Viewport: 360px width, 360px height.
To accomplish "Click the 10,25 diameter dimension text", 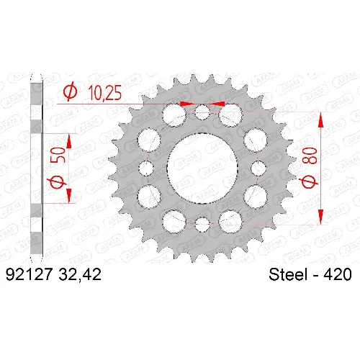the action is click(105, 93).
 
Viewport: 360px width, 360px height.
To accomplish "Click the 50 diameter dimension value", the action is click(58, 155).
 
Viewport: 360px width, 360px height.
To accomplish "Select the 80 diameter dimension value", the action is click(310, 156).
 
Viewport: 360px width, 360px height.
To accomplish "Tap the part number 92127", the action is click(29, 274).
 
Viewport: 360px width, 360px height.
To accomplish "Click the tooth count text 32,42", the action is click(80, 274).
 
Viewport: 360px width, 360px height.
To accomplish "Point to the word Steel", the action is click(288, 274).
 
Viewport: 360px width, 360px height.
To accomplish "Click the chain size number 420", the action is click(338, 274).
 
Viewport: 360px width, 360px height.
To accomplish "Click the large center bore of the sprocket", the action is click(202, 168).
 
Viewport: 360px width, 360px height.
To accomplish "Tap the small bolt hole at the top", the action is click(202, 112).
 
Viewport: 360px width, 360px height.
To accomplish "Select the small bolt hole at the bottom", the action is click(202, 225).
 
